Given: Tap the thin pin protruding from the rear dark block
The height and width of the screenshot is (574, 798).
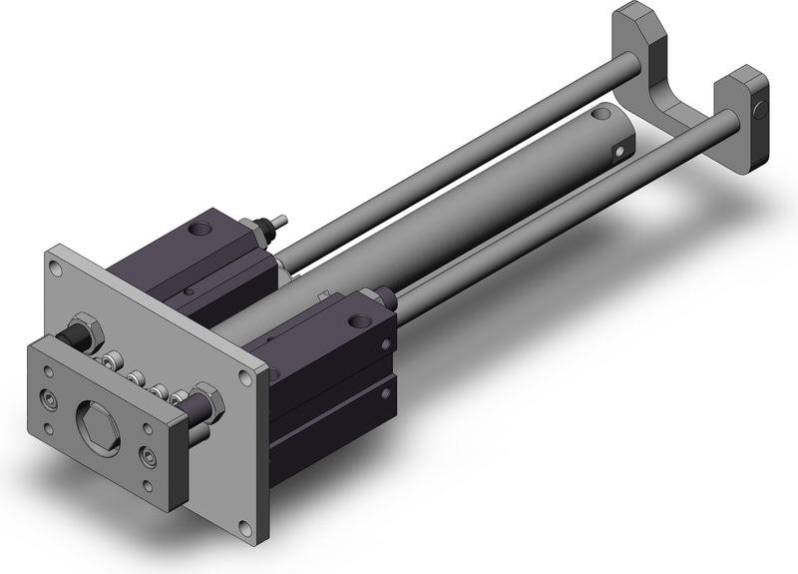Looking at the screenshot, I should pyautogui.click(x=280, y=218).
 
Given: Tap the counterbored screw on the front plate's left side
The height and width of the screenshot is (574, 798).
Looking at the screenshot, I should pyautogui.click(x=48, y=400).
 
